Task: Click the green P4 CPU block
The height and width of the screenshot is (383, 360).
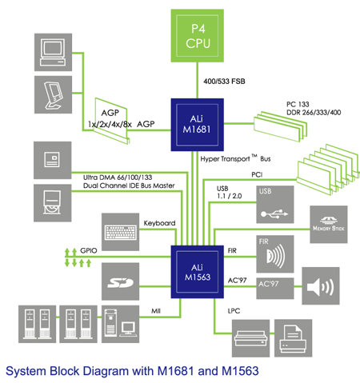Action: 198,36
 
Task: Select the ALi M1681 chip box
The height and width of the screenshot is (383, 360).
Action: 198,125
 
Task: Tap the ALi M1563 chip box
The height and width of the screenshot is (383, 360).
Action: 198,272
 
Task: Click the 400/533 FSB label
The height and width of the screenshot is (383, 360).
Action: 224,82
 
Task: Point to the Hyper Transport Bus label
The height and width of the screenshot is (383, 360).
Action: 235,158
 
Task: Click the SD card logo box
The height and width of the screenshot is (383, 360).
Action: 120,281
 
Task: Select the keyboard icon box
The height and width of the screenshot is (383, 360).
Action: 120,232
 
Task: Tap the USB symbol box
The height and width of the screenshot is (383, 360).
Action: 275,205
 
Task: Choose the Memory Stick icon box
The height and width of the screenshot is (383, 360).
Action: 329,225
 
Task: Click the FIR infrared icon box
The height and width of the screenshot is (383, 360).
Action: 275,254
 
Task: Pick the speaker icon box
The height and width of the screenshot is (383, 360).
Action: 321,285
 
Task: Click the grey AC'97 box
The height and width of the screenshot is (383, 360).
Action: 275,289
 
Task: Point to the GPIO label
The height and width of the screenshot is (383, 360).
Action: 89,250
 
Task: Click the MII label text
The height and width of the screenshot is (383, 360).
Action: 156,311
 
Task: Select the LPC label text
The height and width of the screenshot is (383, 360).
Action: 234,311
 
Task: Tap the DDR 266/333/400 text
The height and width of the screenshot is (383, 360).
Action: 314,113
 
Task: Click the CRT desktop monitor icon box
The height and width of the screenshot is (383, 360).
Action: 53,52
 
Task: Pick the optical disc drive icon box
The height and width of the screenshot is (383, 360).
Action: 52,203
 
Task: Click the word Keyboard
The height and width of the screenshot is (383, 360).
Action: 159,223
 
